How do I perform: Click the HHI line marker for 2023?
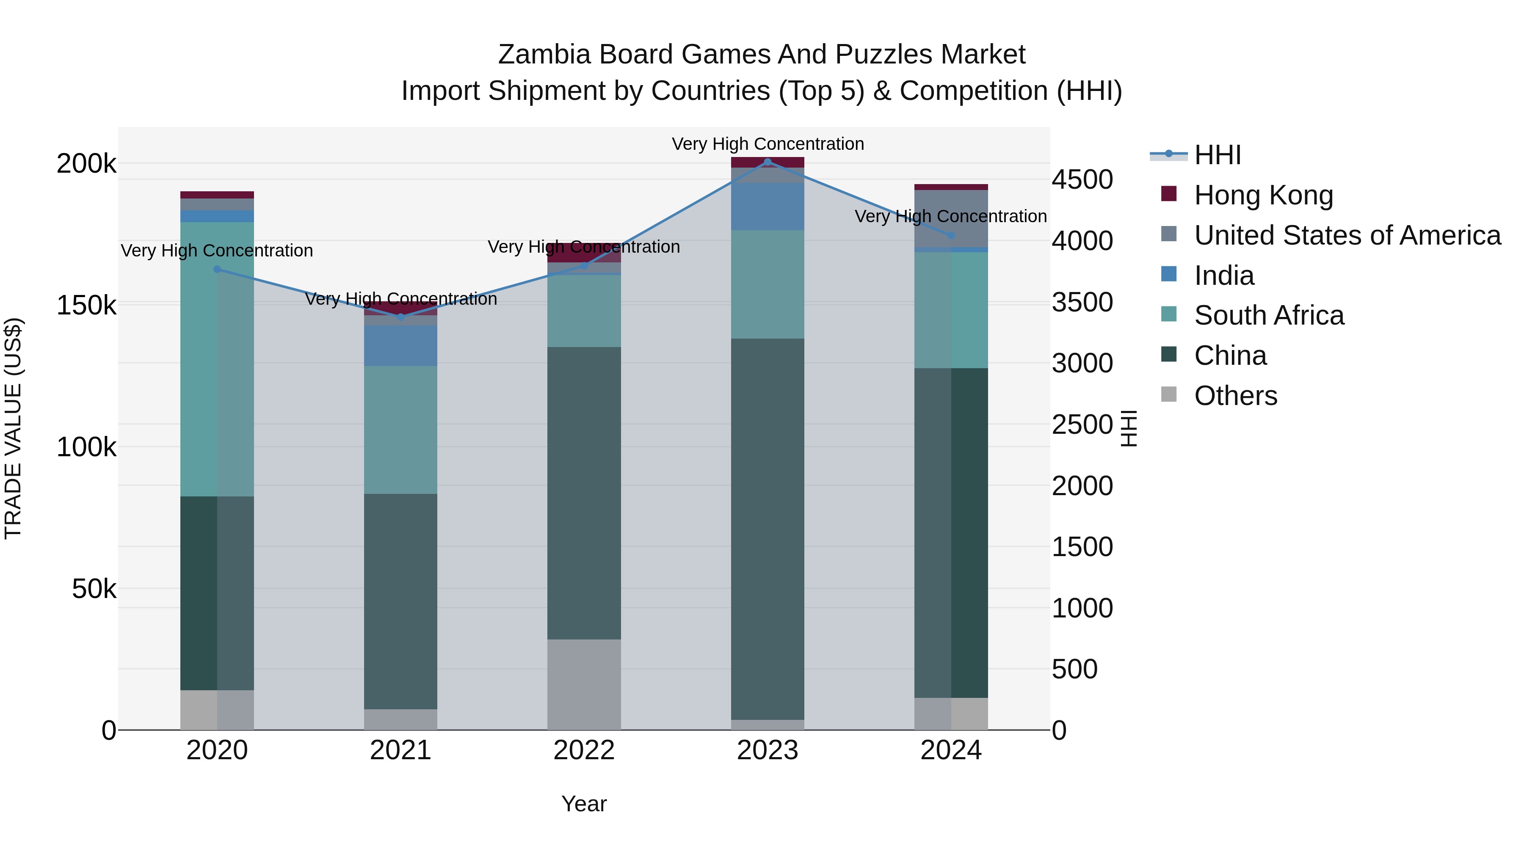tap(768, 162)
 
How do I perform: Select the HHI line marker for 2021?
tap(400, 317)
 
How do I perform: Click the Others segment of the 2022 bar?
tap(584, 684)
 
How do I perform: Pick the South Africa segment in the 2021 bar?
tap(400, 430)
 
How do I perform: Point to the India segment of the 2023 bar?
tap(768, 207)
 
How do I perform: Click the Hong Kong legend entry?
tap(1263, 195)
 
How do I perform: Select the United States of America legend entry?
tap(1347, 235)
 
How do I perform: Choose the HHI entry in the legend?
tap(1217, 155)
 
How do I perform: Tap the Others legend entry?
tap(1235, 396)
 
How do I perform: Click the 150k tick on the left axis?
tap(86, 306)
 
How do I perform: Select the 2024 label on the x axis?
tap(951, 750)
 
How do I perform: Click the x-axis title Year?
tap(584, 804)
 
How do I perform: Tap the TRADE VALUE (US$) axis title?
tap(14, 428)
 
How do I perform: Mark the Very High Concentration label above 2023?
tap(768, 144)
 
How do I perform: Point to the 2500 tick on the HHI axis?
tap(1082, 424)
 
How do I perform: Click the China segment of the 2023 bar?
tap(768, 529)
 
